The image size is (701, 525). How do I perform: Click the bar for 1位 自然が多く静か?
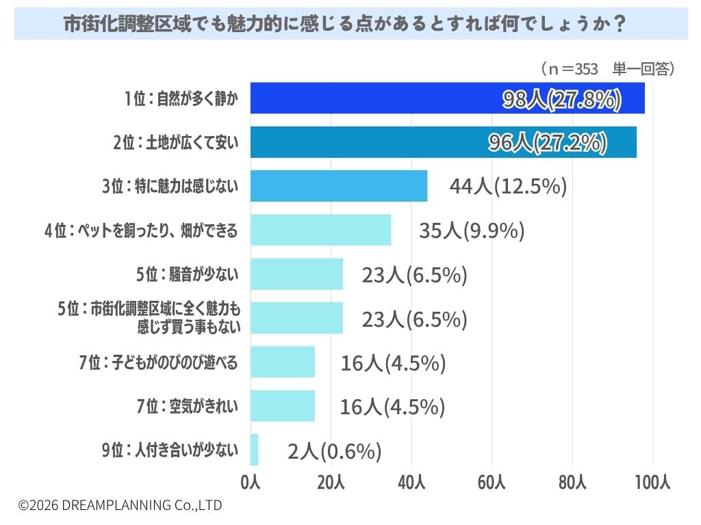(448, 98)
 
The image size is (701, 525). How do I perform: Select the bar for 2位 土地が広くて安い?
(444, 142)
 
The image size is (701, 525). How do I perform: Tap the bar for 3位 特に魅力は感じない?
(339, 186)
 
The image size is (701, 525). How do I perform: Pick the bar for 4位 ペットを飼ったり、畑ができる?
(321, 230)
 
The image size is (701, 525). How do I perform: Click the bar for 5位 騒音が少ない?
(297, 274)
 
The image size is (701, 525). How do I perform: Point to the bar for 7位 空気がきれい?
(283, 406)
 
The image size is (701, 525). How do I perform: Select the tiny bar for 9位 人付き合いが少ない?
(255, 450)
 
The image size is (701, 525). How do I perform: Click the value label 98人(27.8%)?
(562, 99)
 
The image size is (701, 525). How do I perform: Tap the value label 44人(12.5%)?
(509, 186)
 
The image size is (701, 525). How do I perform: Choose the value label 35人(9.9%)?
(472, 230)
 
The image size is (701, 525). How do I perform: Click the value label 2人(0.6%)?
(334, 451)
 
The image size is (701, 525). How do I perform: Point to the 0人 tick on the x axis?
(251, 482)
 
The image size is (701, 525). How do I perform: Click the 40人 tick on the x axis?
(411, 482)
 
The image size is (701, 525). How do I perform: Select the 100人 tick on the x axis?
(652, 482)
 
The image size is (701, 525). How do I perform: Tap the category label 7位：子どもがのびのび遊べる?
(158, 362)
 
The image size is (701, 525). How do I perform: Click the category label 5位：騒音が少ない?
(188, 274)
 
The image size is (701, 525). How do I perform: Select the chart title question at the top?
(344, 24)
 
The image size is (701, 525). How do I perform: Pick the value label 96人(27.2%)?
(548, 143)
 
